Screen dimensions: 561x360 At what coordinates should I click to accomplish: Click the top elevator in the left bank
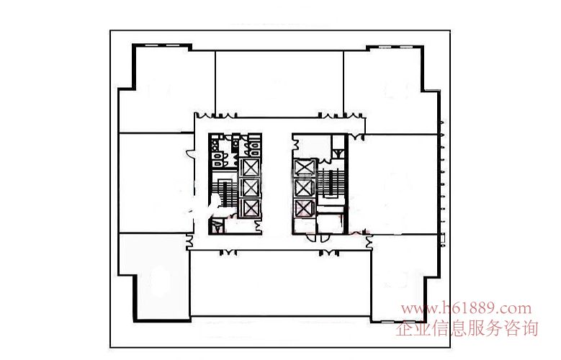(x=250, y=168)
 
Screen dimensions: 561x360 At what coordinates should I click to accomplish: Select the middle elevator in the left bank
(x=250, y=187)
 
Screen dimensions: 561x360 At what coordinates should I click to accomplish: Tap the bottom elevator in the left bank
(x=250, y=207)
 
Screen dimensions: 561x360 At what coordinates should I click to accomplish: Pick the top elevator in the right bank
(x=305, y=168)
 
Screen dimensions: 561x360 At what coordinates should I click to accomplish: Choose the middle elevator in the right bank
(x=305, y=188)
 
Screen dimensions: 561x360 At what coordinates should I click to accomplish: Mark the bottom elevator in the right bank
(x=305, y=208)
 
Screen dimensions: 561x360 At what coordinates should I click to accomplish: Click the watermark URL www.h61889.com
(x=466, y=308)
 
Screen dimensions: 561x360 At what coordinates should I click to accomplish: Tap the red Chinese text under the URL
(x=467, y=328)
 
